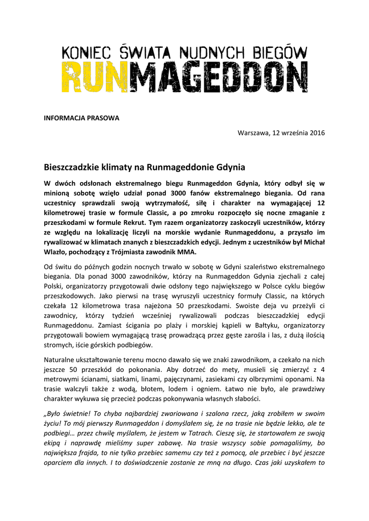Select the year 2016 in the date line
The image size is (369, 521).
(316, 133)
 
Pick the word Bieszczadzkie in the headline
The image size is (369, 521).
(71, 167)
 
